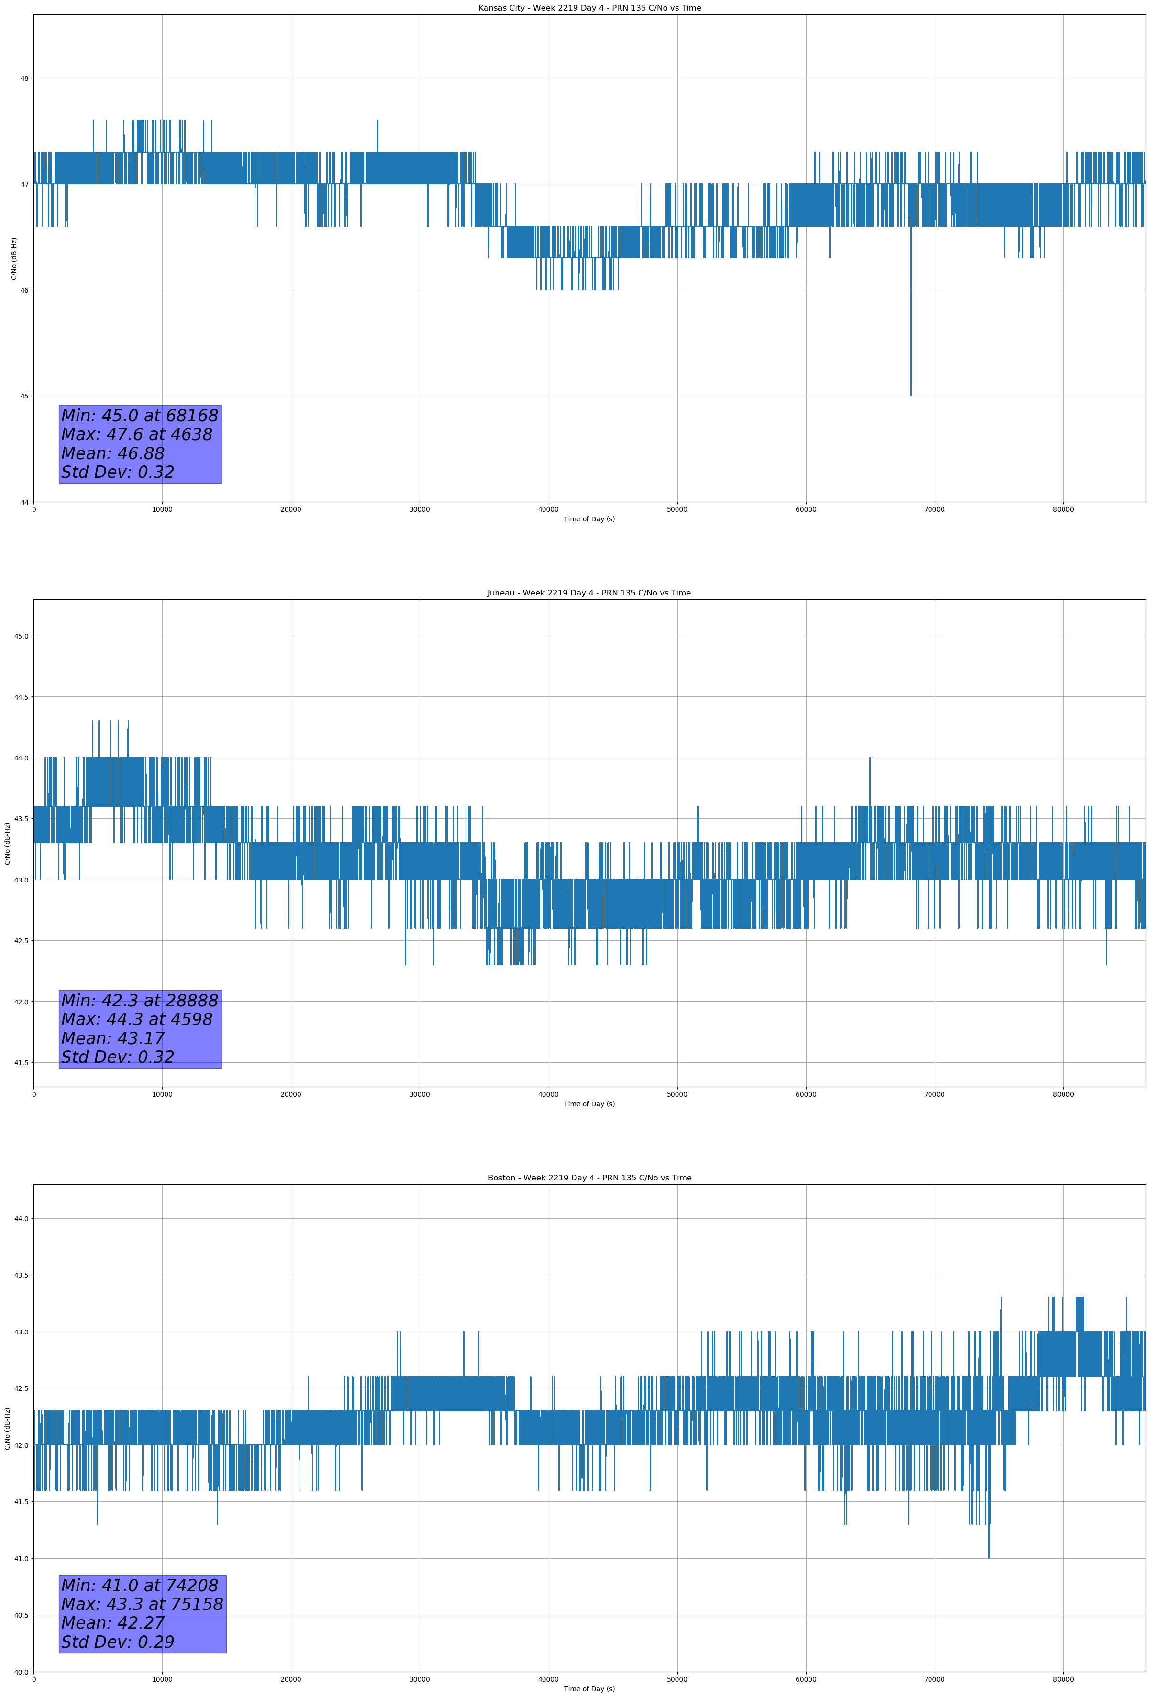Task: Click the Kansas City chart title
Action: (589, 8)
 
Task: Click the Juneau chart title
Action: (589, 593)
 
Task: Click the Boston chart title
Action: (589, 1178)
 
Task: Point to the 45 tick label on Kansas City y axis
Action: (24, 396)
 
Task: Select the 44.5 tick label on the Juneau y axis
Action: (21, 697)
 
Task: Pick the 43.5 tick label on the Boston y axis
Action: (21, 1275)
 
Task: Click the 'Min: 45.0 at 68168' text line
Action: (140, 416)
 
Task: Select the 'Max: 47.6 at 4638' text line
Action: (137, 434)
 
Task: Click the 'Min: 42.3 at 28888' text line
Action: (140, 1001)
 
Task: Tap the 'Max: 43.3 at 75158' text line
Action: (142, 1604)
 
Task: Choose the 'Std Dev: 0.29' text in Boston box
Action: (118, 1642)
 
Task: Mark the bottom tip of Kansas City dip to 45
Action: (910, 394)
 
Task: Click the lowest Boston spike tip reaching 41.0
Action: (988, 1557)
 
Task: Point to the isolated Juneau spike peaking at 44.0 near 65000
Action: (869, 760)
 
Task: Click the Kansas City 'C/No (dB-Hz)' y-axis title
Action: (14, 258)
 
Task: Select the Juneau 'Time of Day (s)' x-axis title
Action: (589, 1103)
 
